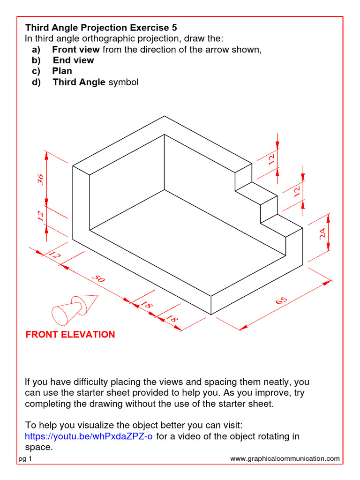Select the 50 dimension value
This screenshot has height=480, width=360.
point(98,278)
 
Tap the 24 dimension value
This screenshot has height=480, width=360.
point(322,233)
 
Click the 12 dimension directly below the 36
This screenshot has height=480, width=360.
point(40,216)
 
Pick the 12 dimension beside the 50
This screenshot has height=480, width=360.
point(55,255)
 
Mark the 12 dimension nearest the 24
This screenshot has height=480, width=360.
point(297,191)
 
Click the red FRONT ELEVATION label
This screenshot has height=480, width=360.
point(70,334)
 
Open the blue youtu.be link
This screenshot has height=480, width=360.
point(89,436)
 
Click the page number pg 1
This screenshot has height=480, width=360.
point(25,459)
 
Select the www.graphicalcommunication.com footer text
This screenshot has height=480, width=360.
point(285,459)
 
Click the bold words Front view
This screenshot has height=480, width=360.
point(76,50)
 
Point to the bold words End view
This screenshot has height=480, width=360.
point(73,60)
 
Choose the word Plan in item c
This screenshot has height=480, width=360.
point(62,71)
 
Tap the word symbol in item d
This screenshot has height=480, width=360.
point(124,82)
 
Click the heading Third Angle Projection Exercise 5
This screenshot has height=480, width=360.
point(101,28)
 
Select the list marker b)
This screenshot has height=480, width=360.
point(37,60)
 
